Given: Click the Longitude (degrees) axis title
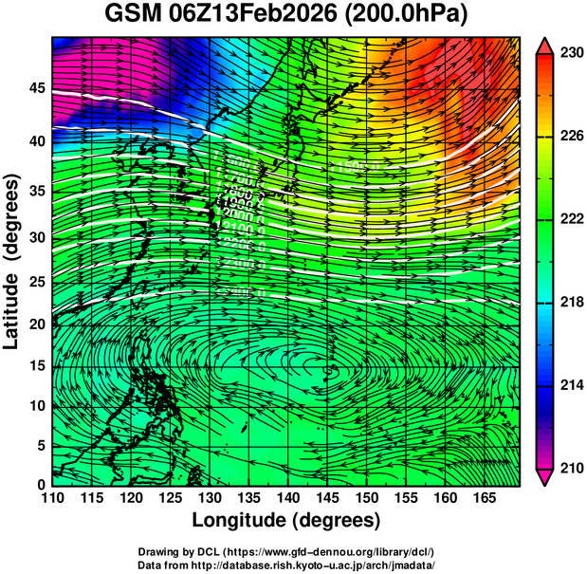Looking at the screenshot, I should (x=286, y=521).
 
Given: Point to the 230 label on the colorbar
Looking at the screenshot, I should (x=570, y=54).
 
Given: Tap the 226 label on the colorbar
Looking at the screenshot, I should (x=570, y=137).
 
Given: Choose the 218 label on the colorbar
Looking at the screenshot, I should (x=570, y=302).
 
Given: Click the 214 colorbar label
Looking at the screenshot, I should (x=570, y=384).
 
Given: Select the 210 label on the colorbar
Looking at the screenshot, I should (x=570, y=467).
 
